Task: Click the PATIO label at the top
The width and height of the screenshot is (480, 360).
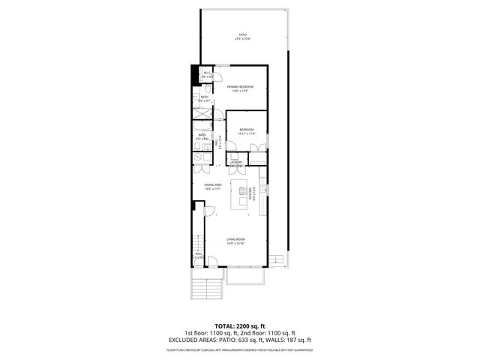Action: (242, 34)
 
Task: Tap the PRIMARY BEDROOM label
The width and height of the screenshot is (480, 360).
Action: (241, 87)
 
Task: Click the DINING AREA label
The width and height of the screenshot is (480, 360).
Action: (213, 184)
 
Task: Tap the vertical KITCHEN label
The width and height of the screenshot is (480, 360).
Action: (259, 193)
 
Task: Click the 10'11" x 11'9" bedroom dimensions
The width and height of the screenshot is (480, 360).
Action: (247, 134)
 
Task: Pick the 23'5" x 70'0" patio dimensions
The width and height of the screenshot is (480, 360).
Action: (242, 39)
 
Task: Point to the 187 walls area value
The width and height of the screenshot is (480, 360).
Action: (293, 340)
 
